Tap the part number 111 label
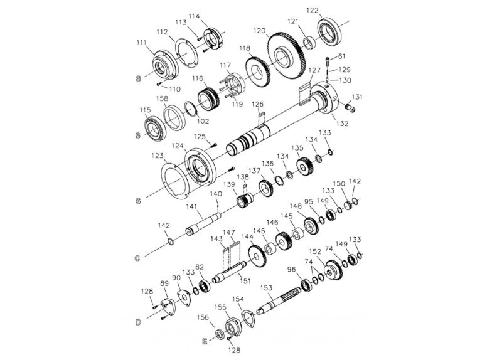click(142, 43)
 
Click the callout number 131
click(357, 97)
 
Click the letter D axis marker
click(137, 322)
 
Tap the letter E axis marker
click(205, 341)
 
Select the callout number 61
click(342, 56)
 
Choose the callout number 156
click(204, 318)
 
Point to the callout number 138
click(242, 178)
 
